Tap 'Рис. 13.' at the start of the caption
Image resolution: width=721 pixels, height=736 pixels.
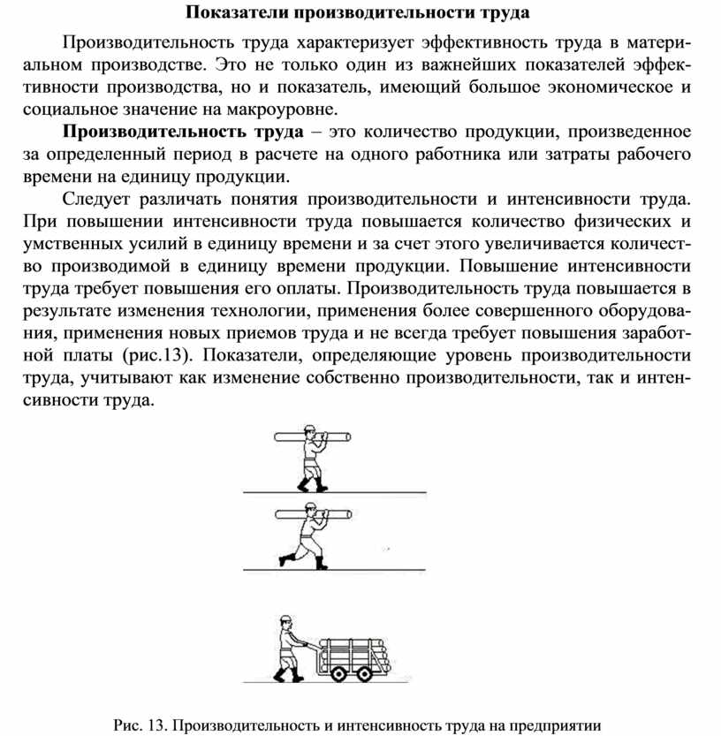[141, 725]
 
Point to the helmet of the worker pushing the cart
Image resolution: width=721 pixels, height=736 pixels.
[286, 618]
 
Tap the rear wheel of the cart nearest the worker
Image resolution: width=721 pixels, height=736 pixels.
[338, 673]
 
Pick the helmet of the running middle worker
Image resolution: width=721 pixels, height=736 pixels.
[310, 507]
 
